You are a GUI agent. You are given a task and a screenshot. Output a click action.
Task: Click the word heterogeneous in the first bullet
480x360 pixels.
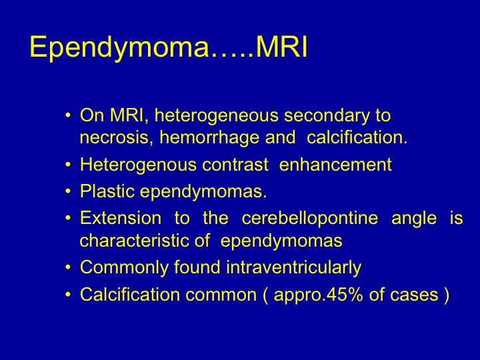coord(217,116)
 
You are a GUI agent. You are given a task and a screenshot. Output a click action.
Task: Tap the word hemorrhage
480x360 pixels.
coord(210,137)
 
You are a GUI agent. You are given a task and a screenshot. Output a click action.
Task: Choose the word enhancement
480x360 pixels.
coord(335,165)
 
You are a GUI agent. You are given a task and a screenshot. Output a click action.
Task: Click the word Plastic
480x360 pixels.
coord(107,191)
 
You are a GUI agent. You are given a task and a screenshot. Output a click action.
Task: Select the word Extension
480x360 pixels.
coord(121,218)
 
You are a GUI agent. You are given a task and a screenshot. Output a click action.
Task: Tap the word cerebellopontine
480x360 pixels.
coord(310,219)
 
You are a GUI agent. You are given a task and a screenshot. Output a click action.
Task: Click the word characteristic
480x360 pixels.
coord(135,240)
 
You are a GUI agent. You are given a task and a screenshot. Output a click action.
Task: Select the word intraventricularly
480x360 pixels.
coord(293,268)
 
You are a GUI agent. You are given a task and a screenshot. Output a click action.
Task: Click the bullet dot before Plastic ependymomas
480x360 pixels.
coord(68,191)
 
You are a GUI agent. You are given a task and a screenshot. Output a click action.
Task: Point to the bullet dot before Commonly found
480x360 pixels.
coord(68,267)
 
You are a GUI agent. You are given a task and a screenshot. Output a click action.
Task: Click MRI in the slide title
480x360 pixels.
coord(281,47)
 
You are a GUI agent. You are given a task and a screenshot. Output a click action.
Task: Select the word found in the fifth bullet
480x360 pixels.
coord(197,267)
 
